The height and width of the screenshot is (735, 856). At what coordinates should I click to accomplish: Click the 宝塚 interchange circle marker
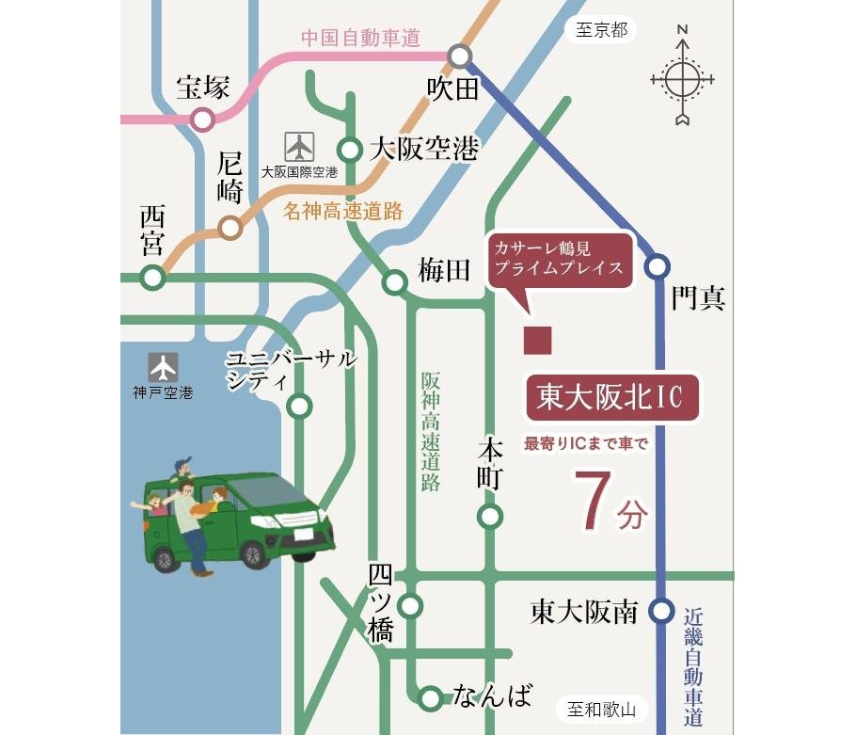[202, 120]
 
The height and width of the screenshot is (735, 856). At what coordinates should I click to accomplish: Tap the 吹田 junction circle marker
[460, 56]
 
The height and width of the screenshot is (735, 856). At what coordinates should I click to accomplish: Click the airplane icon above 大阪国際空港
[299, 147]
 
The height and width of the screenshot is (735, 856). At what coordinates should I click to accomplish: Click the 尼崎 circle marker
[230, 228]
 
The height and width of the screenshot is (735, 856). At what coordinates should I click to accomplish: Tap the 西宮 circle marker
[151, 278]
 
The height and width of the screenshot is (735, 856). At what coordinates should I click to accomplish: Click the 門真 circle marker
[658, 266]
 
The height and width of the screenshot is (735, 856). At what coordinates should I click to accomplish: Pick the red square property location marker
[537, 341]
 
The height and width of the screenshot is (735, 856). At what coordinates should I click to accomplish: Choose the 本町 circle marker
[489, 516]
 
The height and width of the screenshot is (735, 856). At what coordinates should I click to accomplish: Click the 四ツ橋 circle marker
[410, 604]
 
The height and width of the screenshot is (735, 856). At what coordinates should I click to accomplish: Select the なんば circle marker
[430, 697]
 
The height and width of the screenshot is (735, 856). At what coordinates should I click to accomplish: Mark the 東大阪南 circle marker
[662, 613]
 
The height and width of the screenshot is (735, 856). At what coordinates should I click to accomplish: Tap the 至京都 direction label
[602, 31]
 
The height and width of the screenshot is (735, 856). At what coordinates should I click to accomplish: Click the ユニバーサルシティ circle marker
[299, 407]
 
